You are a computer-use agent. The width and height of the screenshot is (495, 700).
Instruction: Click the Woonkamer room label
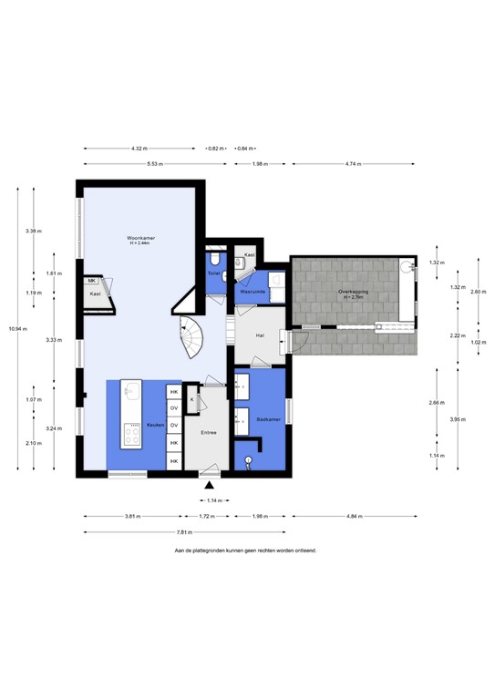point(140,240)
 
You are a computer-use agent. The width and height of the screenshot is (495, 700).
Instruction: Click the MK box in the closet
point(93,281)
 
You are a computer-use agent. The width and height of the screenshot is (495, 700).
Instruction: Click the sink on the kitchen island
point(130,393)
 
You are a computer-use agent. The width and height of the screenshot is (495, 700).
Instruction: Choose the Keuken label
point(155,426)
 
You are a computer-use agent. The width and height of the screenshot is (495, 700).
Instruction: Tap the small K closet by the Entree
point(192,398)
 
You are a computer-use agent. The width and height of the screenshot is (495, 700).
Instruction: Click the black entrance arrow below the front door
point(210,488)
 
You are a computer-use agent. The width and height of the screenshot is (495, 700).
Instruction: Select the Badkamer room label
point(268,420)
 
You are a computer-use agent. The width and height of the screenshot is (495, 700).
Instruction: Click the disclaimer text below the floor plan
point(245,551)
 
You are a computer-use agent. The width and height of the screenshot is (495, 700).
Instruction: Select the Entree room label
point(210,433)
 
